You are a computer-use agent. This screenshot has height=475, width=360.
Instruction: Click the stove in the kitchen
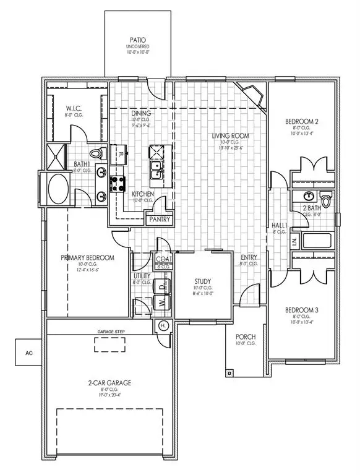[x=118, y=182]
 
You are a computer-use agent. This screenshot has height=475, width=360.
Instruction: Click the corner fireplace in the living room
[x=255, y=96]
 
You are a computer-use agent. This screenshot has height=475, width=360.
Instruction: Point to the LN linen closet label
[x=294, y=240]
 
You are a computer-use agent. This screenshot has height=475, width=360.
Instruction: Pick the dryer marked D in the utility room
[x=161, y=287]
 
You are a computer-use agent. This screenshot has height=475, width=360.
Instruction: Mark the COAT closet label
[x=163, y=259]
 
